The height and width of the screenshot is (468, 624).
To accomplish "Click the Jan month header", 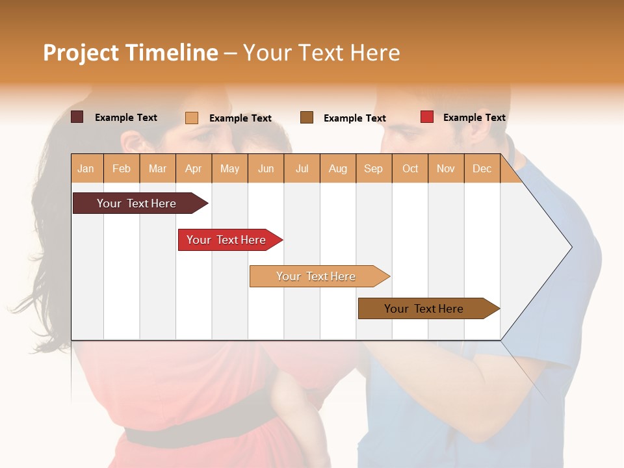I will tap(86, 168).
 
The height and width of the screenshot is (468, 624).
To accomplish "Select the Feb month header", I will tap(122, 168).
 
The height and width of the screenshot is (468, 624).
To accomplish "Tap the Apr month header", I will tap(193, 168).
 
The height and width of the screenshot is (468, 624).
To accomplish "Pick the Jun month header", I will tap(266, 168).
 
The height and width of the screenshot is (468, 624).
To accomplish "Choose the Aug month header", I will tap(337, 168).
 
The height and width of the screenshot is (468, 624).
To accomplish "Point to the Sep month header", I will tap(373, 168).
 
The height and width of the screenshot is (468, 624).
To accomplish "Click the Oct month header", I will tap(410, 168).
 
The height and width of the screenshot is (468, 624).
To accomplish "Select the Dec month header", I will tap(482, 168).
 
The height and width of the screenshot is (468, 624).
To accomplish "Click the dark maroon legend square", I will tap(77, 117).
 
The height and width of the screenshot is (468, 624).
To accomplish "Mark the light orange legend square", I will tap(192, 118).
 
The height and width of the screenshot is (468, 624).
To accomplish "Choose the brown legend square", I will tap(307, 118).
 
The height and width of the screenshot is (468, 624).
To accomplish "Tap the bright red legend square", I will tap(427, 117).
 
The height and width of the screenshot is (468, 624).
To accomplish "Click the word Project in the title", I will tap(81, 53).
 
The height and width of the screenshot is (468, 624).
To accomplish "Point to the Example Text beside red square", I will tap(474, 118).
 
